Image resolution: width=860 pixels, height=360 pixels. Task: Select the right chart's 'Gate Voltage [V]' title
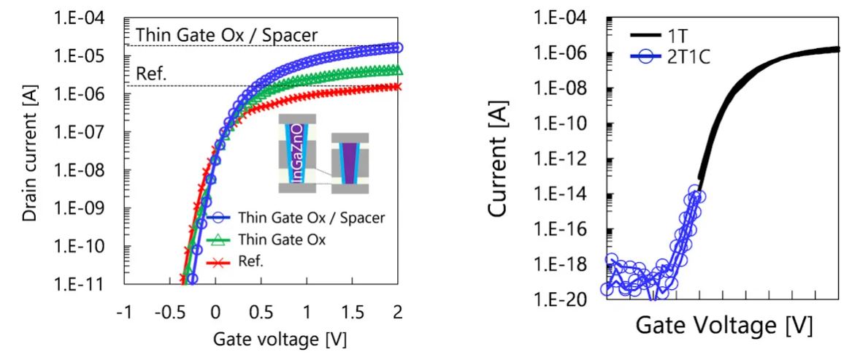[x=723, y=324]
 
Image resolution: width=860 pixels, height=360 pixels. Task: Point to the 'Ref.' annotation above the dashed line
[x=152, y=74]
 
